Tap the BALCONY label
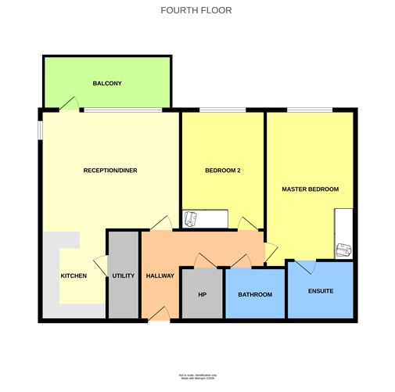(x=107, y=83)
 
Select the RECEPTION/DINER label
(x=110, y=170)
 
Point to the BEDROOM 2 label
(x=222, y=170)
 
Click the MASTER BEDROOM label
(x=311, y=189)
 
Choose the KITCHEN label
(x=74, y=275)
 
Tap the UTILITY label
(x=124, y=275)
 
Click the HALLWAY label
(x=160, y=275)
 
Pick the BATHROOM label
(x=255, y=294)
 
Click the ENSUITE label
(x=320, y=291)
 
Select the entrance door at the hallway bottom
(x=160, y=314)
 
